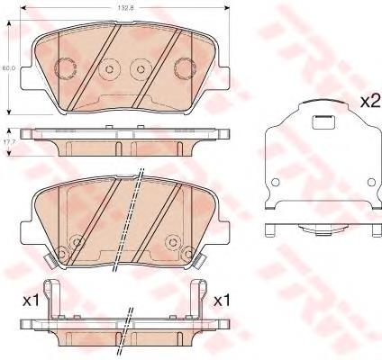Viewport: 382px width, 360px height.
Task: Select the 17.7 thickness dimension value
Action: (x=6, y=143)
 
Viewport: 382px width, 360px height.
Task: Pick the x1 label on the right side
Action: (x=221, y=301)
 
